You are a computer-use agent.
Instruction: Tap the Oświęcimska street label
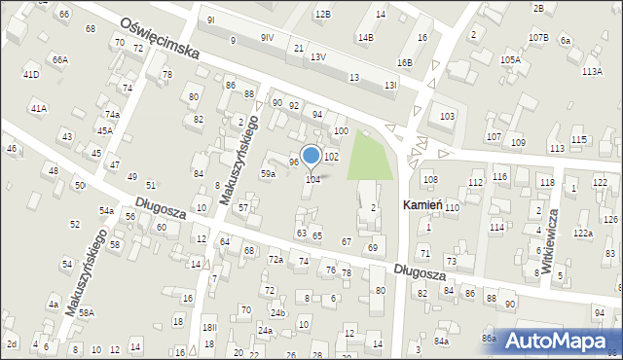tap(161, 38)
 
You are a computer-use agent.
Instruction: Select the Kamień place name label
tap(423, 206)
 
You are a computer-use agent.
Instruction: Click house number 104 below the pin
tap(313, 179)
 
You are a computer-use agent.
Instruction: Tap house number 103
tap(447, 117)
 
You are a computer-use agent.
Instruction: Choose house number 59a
tap(267, 173)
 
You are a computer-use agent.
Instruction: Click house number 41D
tap(31, 74)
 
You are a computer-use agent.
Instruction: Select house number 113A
tap(591, 72)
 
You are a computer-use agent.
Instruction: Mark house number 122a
tap(582, 234)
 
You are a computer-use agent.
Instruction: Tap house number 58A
tap(87, 312)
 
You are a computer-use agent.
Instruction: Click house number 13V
tap(318, 57)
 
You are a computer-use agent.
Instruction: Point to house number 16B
tap(404, 62)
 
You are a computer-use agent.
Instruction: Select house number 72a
tap(275, 260)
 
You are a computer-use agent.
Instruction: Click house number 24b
tap(277, 312)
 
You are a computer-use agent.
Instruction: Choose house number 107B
tap(538, 37)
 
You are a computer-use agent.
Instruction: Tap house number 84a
tap(442, 342)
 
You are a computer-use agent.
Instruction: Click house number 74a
tap(113, 114)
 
